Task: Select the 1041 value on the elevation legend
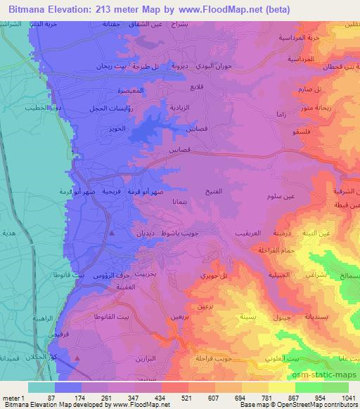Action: [x=345, y=398]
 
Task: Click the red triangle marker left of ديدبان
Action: [x=111, y=232]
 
